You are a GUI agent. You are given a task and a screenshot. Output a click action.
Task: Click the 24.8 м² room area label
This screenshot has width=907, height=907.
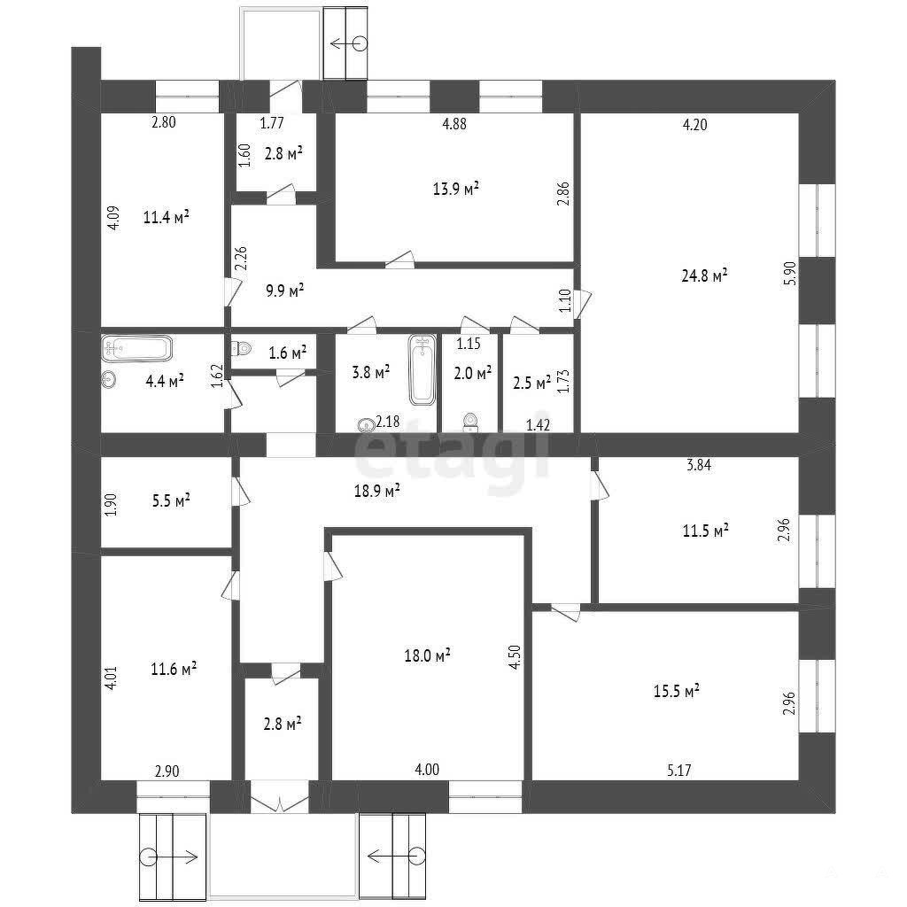(704, 275)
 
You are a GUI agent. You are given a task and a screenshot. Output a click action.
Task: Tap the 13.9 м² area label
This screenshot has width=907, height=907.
(456, 188)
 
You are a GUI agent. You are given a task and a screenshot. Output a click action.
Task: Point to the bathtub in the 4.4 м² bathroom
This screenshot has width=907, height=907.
(137, 349)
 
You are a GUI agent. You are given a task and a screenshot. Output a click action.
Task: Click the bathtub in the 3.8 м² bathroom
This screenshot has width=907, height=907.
(422, 369)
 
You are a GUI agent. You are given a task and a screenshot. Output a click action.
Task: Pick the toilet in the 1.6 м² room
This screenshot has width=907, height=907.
(241, 348)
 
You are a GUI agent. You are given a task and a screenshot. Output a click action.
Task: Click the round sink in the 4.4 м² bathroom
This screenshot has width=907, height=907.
(109, 379)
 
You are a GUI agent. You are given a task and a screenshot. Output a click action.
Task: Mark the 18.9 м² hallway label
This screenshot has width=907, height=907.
(377, 491)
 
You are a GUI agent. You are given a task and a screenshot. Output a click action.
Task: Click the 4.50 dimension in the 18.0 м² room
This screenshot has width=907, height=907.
(515, 657)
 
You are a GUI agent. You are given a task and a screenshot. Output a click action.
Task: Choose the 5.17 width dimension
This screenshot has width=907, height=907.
(679, 770)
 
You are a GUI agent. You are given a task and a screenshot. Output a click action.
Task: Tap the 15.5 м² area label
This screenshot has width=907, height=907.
(676, 691)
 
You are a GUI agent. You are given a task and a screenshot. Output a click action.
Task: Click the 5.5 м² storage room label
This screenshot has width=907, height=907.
(171, 501)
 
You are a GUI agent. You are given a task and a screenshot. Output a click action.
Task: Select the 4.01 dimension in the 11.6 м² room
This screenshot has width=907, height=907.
(111, 678)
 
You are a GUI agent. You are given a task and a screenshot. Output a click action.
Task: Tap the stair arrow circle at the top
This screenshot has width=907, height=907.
(360, 44)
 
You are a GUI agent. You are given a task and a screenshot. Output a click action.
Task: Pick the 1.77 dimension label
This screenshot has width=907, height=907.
(272, 122)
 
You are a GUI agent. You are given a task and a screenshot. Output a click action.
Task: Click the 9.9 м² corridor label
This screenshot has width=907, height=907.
(284, 291)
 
